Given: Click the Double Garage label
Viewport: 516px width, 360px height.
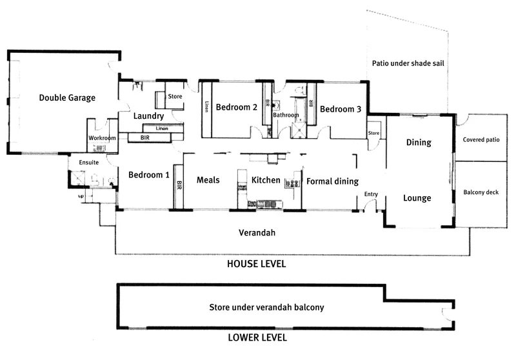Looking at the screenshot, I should point(67,98).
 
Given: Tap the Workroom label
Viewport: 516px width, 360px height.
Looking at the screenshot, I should point(102,138).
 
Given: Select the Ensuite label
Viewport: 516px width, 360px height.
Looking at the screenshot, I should point(89,163).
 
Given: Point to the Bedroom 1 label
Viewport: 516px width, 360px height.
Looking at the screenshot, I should point(149,175).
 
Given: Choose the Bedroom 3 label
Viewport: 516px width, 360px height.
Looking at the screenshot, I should point(340,109).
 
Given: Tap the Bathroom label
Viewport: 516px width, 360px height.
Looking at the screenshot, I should point(285,115).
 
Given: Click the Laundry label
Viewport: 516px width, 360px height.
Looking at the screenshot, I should point(149,116).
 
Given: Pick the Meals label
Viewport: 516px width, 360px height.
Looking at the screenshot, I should point(208,181).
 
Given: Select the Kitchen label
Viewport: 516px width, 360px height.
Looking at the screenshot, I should point(266,181).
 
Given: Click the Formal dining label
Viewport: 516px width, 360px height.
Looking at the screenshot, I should point(332,181).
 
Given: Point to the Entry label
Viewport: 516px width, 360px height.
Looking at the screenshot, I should point(371,194).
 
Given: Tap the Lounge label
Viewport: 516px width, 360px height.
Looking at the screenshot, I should point(417,198).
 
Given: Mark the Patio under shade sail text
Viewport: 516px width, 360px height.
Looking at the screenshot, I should point(410,63).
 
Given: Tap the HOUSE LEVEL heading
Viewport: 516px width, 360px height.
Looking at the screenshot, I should point(255,265).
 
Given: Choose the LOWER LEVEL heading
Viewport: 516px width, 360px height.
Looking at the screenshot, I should point(257,337).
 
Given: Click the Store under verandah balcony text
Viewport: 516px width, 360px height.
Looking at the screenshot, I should point(266,308).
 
